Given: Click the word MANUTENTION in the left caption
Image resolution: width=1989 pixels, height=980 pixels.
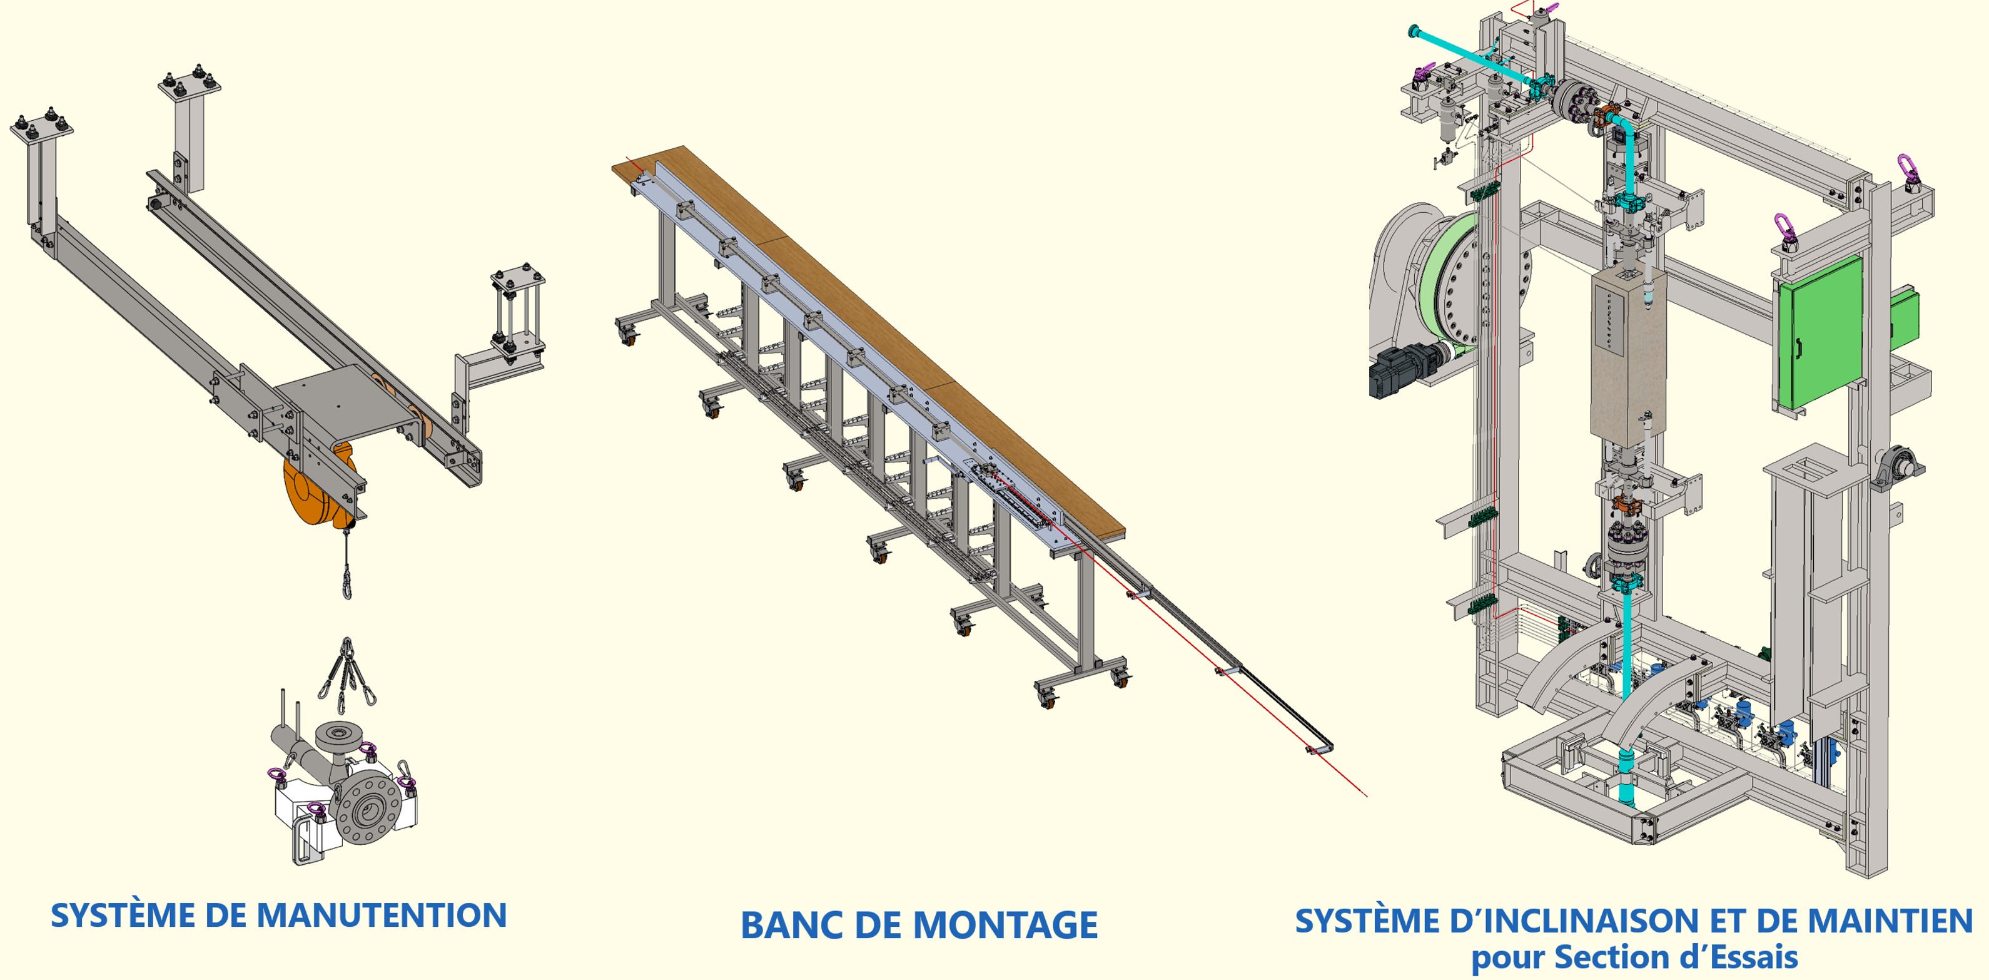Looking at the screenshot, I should tap(382, 916).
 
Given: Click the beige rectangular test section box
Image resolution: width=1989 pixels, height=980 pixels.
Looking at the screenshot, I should tap(1627, 355).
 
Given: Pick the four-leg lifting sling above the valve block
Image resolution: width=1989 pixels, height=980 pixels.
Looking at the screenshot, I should tap(348, 676).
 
